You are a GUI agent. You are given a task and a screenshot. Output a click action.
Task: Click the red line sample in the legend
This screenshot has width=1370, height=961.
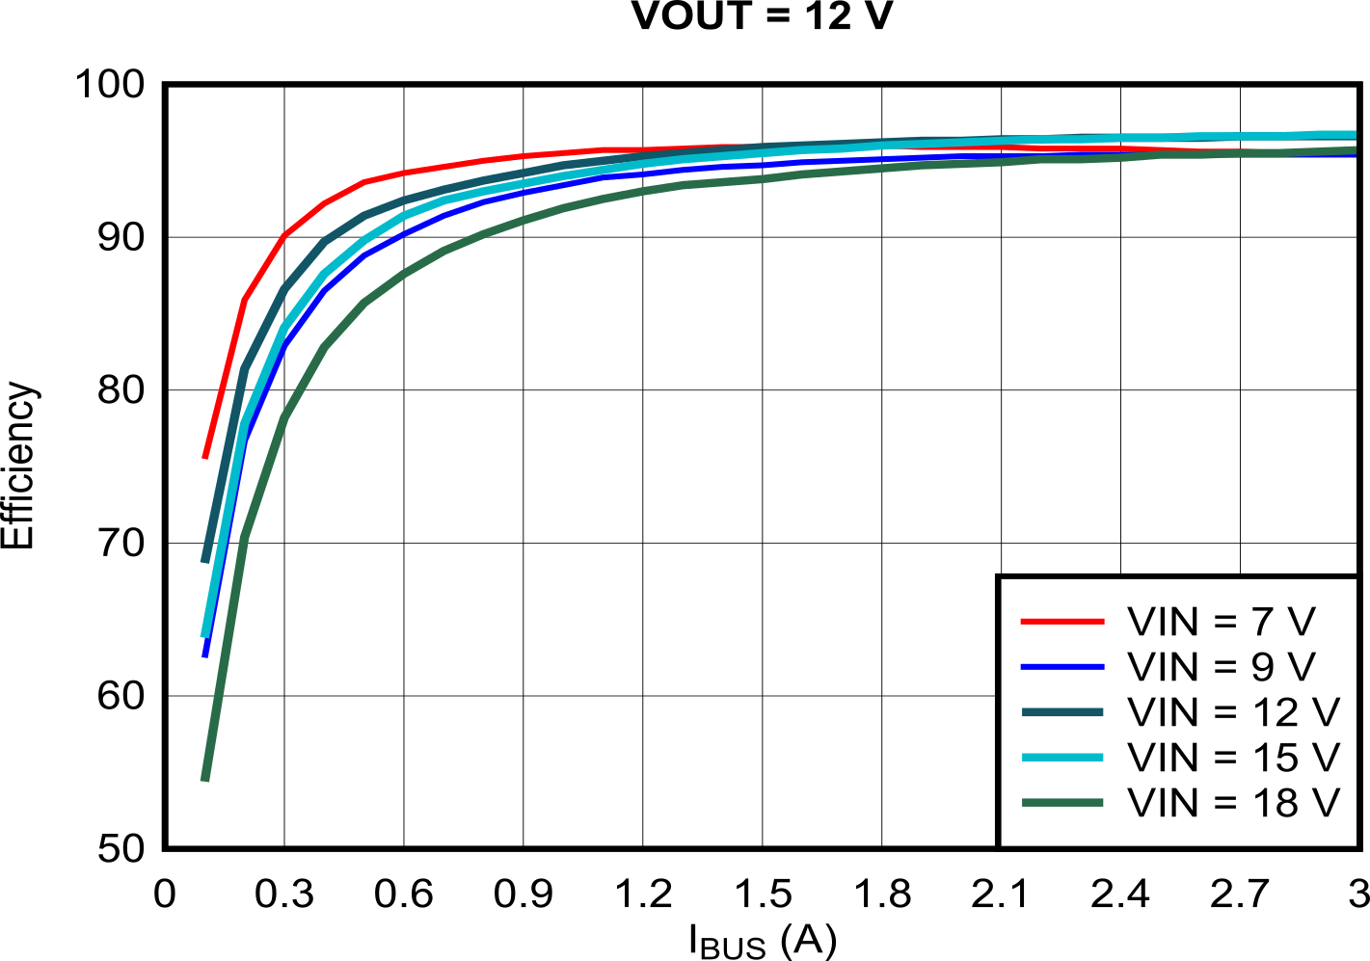pos(1061,622)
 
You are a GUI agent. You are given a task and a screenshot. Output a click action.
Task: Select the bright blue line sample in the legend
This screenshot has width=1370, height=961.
pos(1061,667)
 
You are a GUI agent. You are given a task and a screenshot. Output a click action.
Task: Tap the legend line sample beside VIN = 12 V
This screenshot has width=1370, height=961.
pos(1061,712)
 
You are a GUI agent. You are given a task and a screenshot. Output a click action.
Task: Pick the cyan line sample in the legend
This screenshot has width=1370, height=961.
pos(1061,758)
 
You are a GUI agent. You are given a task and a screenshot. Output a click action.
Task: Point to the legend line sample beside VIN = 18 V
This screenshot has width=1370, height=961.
pos(1061,802)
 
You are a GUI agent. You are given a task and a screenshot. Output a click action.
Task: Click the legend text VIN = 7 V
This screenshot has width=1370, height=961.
pos(1221,622)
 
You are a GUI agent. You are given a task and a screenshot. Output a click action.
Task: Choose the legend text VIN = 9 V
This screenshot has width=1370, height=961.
pos(1221,667)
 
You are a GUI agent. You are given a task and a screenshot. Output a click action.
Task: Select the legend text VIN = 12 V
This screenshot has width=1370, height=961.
pos(1233,712)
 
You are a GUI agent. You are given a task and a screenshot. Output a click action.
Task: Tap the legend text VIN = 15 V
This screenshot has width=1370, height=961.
pos(1233,758)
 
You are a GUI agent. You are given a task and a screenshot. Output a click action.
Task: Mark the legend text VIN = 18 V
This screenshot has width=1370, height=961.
pos(1233,802)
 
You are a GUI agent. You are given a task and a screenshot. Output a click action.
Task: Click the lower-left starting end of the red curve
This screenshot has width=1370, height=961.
pos(205,456)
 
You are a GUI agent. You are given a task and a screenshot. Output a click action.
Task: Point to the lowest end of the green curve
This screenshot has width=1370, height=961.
pos(204,778)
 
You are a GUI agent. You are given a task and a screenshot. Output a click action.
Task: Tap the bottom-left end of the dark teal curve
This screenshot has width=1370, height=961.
pos(204,559)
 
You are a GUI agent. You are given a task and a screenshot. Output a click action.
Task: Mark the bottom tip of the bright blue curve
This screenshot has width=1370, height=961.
pos(205,655)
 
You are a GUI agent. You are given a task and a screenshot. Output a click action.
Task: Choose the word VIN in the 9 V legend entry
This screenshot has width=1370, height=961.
pos(1164,667)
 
